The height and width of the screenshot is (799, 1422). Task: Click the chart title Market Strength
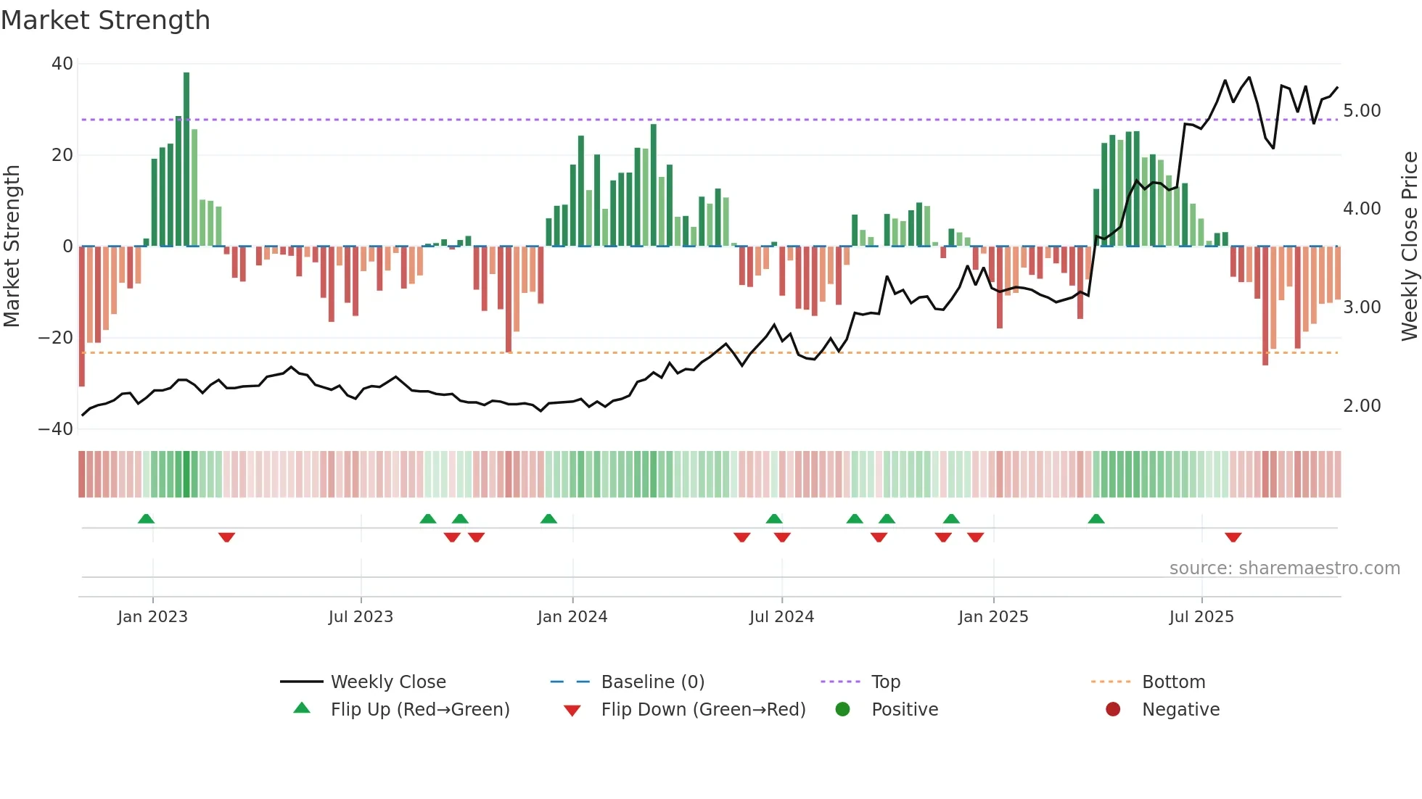pyautogui.click(x=105, y=20)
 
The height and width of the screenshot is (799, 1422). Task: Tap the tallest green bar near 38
pyautogui.click(x=186, y=160)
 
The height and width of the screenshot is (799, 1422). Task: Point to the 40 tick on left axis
pyautogui.click(x=62, y=64)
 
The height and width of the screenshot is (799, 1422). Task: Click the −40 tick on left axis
pyautogui.click(x=57, y=429)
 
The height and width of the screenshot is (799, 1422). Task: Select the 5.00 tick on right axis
pyautogui.click(x=1362, y=111)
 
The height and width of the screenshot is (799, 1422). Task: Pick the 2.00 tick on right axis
pyautogui.click(x=1362, y=406)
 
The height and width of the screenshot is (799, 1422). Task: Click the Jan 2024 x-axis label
pyautogui.click(x=572, y=617)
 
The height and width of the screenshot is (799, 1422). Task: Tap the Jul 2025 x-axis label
pyautogui.click(x=1201, y=617)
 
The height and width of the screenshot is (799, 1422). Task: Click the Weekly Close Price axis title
pyautogui.click(x=1409, y=247)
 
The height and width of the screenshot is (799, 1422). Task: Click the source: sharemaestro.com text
pyautogui.click(x=1284, y=568)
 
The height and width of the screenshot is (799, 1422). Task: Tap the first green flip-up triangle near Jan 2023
pyautogui.click(x=146, y=519)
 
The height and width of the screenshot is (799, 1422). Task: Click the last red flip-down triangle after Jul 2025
pyautogui.click(x=1233, y=537)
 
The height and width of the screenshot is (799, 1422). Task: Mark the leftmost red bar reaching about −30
pyautogui.click(x=82, y=316)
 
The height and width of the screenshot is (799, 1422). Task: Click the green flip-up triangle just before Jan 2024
pyautogui.click(x=548, y=519)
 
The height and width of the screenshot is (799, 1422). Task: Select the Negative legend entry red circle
pyautogui.click(x=1113, y=710)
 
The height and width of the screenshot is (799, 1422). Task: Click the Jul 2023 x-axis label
pyautogui.click(x=361, y=617)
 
